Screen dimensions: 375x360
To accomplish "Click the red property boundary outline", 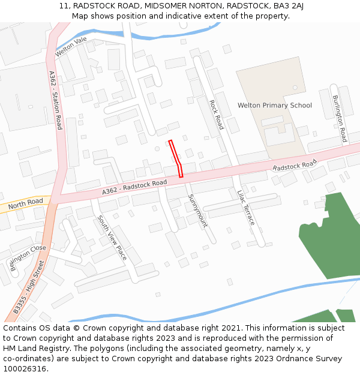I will click(176, 157).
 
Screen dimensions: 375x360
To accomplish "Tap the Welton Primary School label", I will click(274, 106).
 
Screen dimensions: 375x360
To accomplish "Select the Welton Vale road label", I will click(71, 47).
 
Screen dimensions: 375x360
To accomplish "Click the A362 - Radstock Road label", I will click(134, 187).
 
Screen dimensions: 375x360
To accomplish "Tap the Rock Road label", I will click(217, 115).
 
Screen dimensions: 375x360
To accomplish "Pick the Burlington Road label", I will click(340, 118).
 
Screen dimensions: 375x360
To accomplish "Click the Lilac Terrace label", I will click(246, 208).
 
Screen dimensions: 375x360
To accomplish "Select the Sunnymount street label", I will click(197, 211).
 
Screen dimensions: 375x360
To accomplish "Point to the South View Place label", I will click(112, 238).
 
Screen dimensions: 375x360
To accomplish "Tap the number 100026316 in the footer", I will click(25, 369).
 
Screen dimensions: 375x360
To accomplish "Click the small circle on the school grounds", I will click(295, 88).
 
